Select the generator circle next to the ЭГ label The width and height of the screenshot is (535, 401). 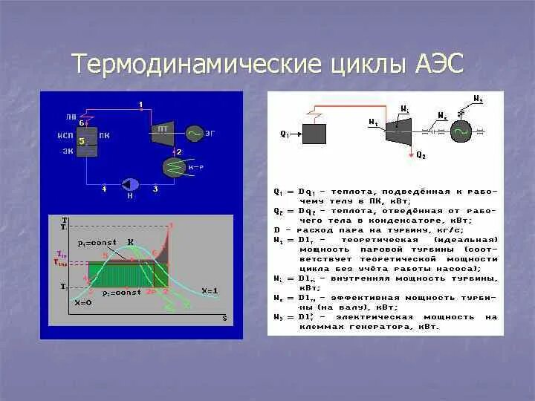195,133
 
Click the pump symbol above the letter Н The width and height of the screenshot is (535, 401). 132,183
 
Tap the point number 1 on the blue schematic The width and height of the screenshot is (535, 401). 141,103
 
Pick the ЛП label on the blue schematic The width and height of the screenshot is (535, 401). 71,117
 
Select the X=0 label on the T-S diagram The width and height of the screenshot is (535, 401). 84,302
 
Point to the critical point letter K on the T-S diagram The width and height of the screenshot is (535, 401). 131,241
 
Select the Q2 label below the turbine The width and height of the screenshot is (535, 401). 421,155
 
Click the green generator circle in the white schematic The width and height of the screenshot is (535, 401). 460,131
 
